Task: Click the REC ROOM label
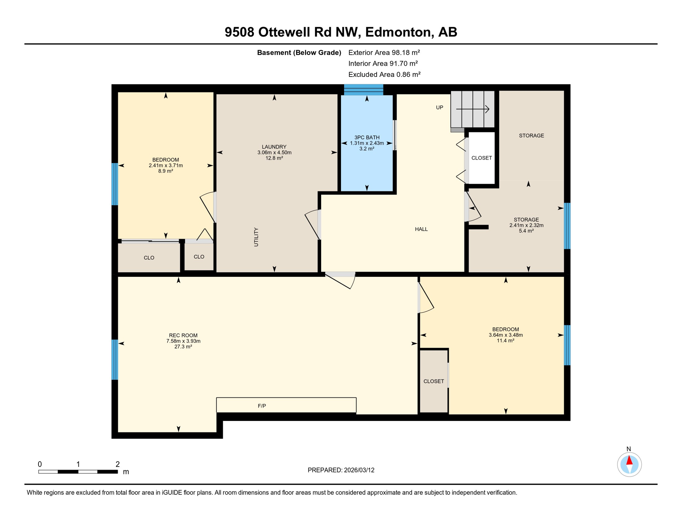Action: click(183, 335)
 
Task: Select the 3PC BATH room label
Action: click(367, 137)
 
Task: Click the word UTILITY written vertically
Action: click(256, 237)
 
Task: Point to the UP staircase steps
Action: click(473, 109)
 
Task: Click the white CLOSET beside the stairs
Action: click(482, 158)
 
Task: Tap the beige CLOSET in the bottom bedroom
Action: click(434, 381)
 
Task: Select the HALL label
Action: click(421, 229)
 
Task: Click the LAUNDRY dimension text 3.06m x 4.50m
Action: click(274, 152)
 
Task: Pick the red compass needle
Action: click(629, 460)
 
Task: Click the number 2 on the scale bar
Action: click(117, 464)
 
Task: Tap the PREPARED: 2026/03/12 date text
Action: click(341, 470)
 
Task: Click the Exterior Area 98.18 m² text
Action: click(384, 52)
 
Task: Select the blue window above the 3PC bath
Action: click(363, 90)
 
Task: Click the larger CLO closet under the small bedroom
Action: click(149, 258)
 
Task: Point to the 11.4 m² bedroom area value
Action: click(505, 341)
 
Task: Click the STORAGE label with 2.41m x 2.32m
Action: click(526, 220)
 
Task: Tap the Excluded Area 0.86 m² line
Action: click(384, 74)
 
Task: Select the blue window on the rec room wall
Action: click(115, 360)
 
